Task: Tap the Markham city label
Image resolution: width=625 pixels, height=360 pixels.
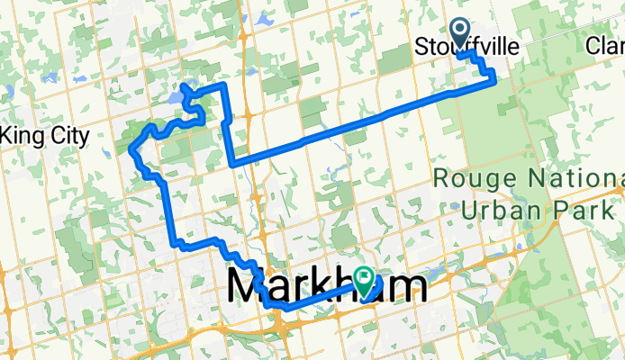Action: (x=327, y=287)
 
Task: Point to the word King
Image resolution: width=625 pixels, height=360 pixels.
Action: (x=23, y=137)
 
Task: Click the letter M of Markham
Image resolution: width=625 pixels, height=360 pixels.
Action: (x=249, y=287)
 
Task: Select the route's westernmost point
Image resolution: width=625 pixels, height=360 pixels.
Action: (x=131, y=148)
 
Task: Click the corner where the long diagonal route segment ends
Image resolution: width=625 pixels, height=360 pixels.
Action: (x=234, y=165)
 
